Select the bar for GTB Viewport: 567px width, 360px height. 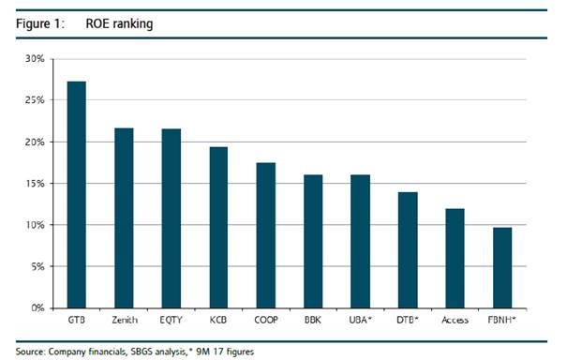click(x=77, y=195)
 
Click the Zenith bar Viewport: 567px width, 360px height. click(x=124, y=218)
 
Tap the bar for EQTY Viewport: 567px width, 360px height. click(x=172, y=218)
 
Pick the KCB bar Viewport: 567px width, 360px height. click(x=218, y=228)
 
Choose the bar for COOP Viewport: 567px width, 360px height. click(x=266, y=235)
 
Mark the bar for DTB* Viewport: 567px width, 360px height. click(x=408, y=250)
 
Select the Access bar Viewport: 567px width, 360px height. click(x=455, y=259)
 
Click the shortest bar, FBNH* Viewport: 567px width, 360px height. click(x=502, y=268)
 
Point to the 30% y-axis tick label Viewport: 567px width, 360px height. click(x=35, y=59)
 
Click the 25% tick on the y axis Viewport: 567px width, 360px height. click(x=35, y=100)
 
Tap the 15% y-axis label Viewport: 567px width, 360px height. click(x=35, y=184)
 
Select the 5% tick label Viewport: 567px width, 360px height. click(x=37, y=267)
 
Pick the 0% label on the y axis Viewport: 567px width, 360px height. click(x=37, y=308)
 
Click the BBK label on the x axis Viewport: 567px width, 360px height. click(x=313, y=321)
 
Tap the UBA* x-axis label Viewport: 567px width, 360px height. click(x=361, y=320)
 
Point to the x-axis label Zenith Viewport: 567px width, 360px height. click(x=125, y=321)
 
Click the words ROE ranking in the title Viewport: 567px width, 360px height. click(x=119, y=23)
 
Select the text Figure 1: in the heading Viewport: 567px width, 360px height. click(x=40, y=23)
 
